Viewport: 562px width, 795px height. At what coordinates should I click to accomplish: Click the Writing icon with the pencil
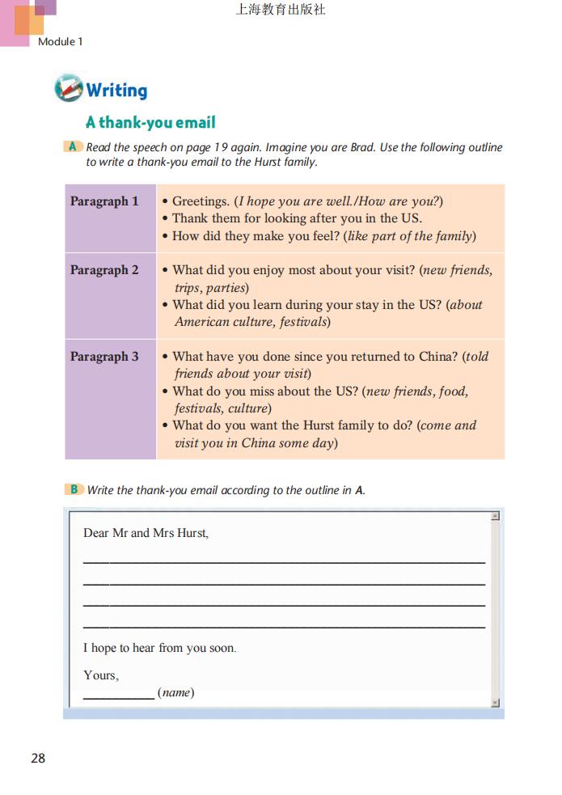tap(68, 88)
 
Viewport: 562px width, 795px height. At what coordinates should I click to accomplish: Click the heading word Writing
tap(116, 90)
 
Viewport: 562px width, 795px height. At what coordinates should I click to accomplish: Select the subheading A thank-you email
tap(150, 123)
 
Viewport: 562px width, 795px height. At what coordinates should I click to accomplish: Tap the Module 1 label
tap(61, 41)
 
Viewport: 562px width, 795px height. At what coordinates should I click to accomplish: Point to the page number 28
tap(38, 758)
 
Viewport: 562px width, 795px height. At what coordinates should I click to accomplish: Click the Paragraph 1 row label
tap(104, 201)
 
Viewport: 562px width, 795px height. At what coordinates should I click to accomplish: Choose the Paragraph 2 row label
tap(104, 270)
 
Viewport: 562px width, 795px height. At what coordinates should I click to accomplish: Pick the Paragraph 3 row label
tap(104, 357)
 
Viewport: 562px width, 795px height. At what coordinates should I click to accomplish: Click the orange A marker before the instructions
tap(73, 146)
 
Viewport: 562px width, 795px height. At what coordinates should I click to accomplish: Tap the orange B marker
tap(74, 489)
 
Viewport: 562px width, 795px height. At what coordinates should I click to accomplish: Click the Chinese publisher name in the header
tap(281, 11)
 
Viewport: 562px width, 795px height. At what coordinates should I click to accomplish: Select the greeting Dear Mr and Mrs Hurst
tap(146, 533)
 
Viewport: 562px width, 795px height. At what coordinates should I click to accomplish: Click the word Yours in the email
tap(100, 675)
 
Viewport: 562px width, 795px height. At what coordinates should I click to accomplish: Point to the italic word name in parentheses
tap(175, 693)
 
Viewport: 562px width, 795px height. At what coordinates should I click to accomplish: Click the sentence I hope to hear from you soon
tap(159, 648)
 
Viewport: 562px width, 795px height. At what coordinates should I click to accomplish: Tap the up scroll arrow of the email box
tap(495, 516)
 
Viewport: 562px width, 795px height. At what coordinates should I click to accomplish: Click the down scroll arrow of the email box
tap(495, 703)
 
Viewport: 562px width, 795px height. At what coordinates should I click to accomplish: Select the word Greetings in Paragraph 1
tap(201, 201)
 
